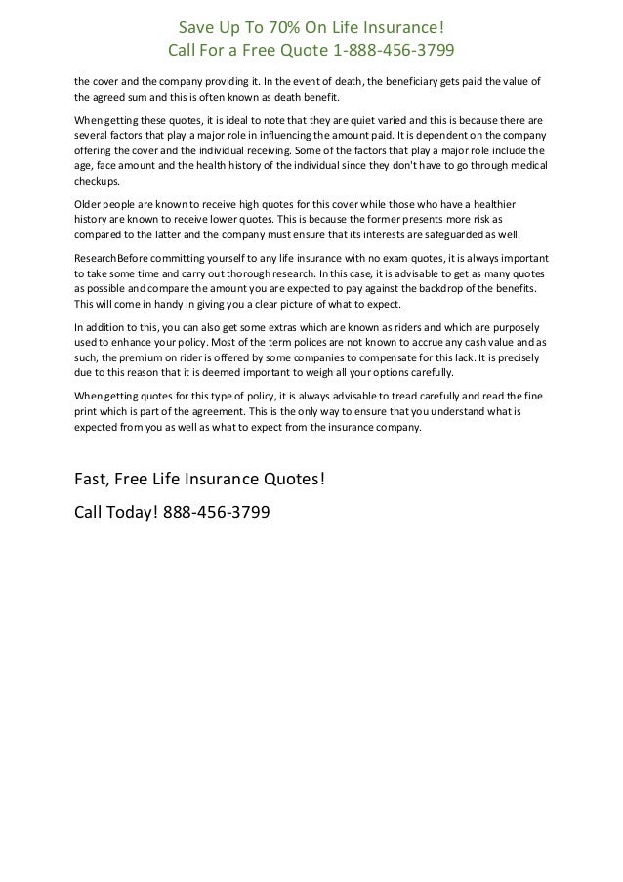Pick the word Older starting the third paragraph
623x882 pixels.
point(91,204)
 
